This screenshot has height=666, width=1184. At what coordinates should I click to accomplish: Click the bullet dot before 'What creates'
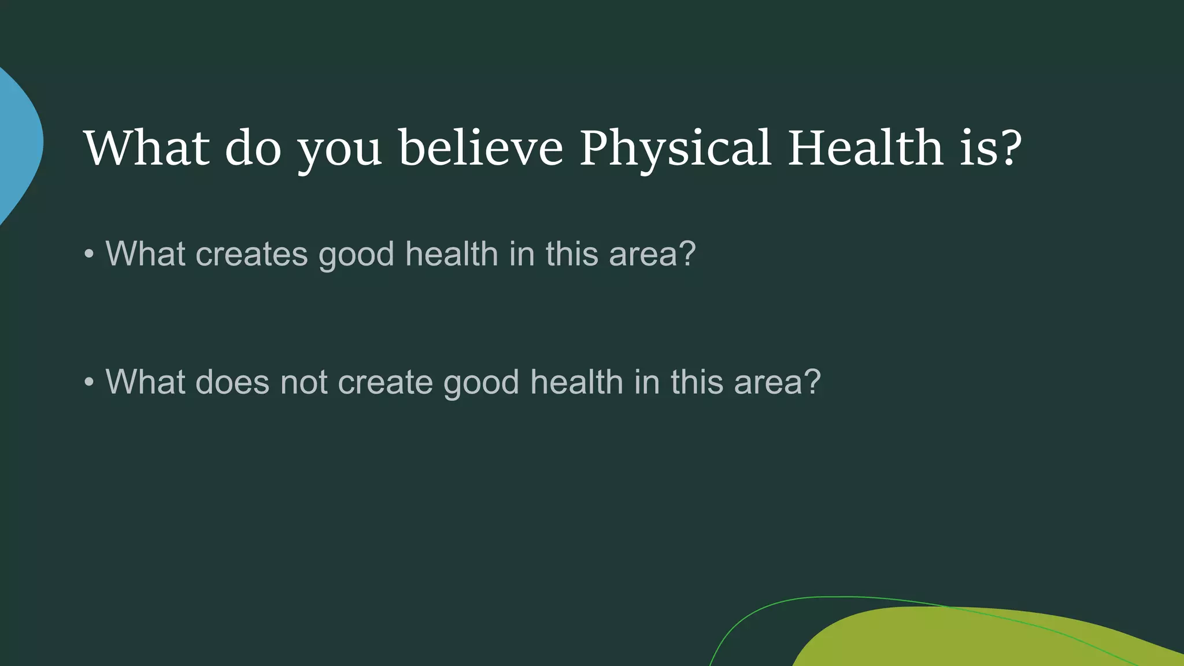click(x=88, y=254)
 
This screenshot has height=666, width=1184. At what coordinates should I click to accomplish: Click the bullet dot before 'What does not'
click(x=88, y=382)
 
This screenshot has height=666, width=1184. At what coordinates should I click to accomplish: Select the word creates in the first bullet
click(x=251, y=254)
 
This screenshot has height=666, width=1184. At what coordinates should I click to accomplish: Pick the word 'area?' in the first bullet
click(x=652, y=254)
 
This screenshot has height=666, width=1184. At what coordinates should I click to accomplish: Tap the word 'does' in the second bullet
click(x=232, y=382)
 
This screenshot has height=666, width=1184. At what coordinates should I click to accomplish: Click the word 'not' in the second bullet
click(x=304, y=382)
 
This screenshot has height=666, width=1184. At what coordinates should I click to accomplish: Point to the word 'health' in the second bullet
click(x=576, y=382)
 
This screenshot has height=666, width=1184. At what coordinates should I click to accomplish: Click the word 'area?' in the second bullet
click(x=777, y=382)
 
